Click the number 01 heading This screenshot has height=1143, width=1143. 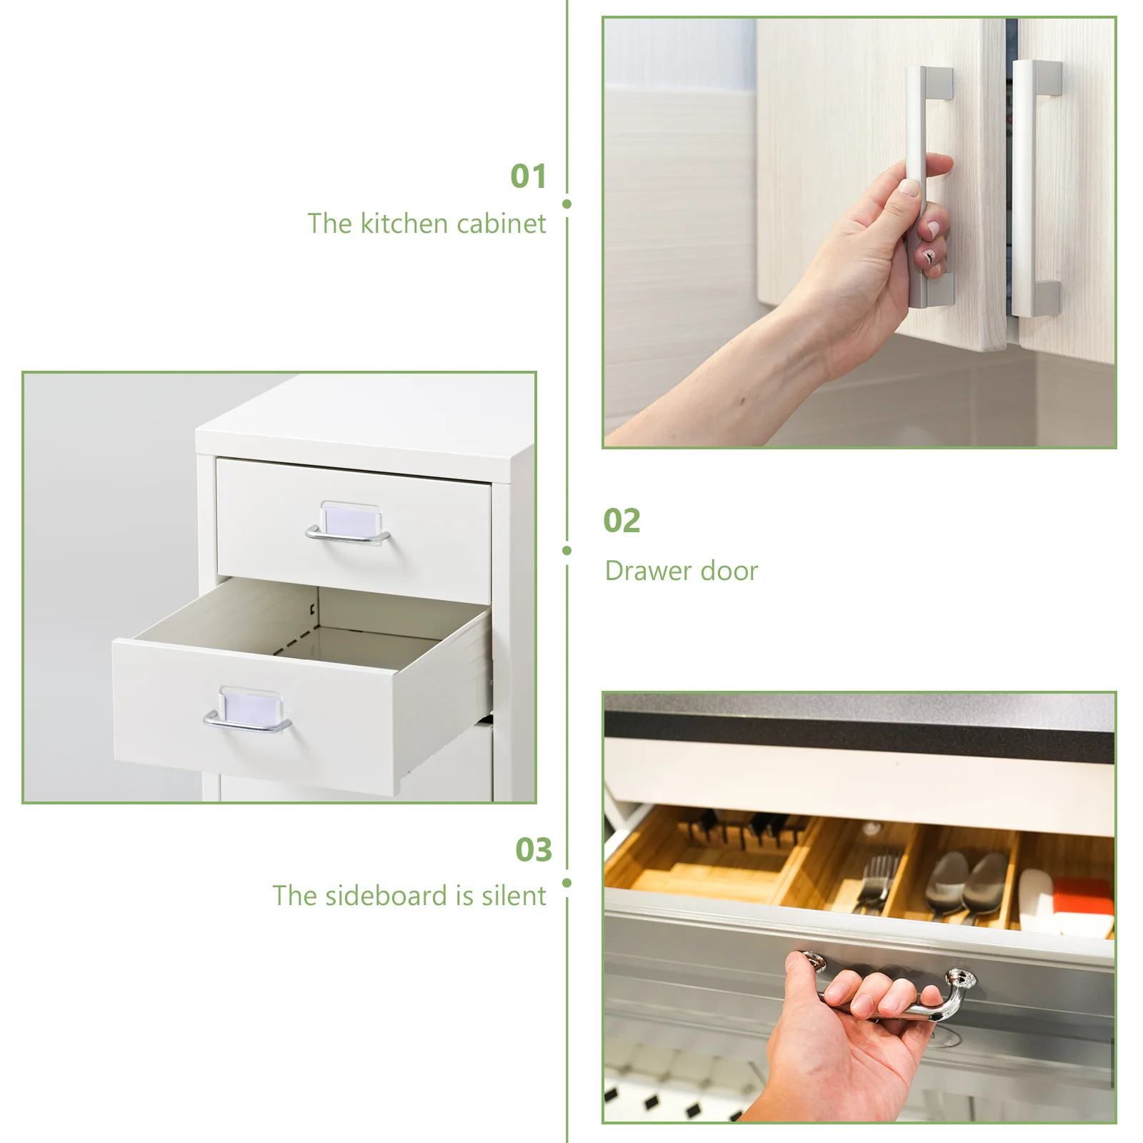click(528, 176)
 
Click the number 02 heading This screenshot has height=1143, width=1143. click(622, 521)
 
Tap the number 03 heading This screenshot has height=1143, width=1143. click(534, 850)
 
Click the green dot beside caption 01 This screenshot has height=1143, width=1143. click(566, 204)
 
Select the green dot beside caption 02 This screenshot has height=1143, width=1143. click(566, 551)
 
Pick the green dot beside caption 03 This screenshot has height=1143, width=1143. click(566, 883)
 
